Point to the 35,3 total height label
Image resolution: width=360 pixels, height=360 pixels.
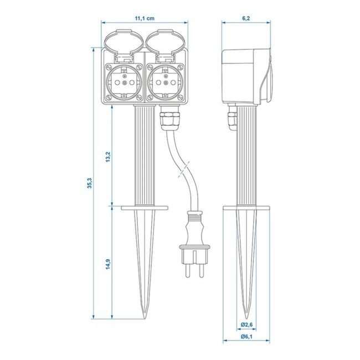point(89,184)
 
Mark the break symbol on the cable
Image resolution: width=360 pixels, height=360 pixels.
point(183,169)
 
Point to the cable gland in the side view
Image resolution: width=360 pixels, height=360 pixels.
point(229,119)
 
